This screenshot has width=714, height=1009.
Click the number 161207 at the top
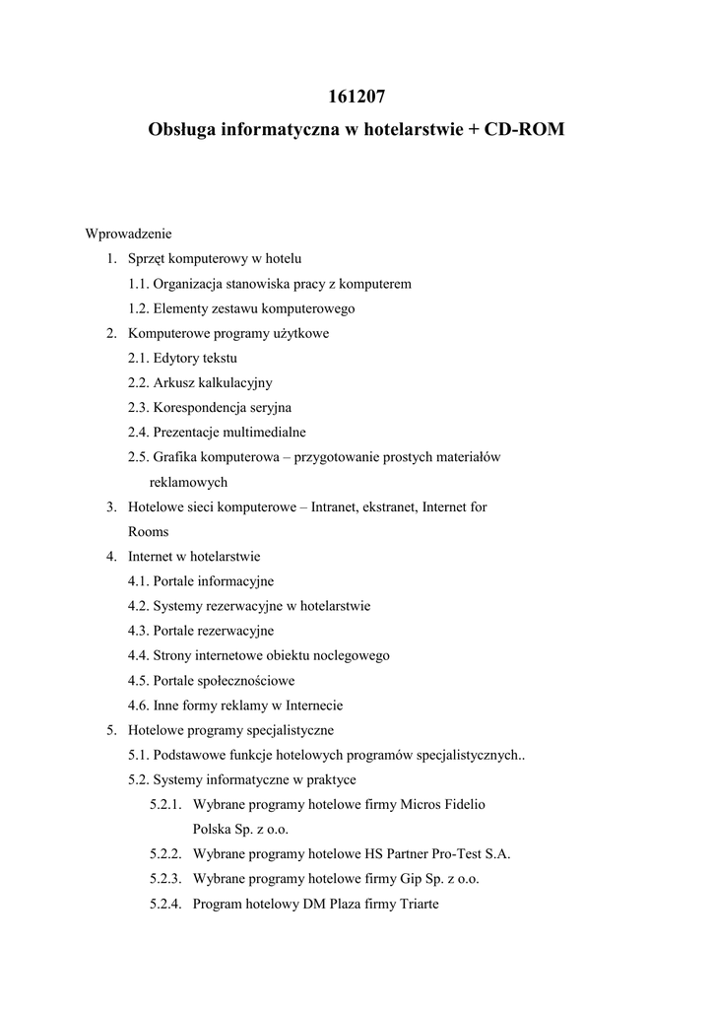[357, 97]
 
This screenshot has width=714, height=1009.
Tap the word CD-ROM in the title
[522, 129]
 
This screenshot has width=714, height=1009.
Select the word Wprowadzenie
[129, 234]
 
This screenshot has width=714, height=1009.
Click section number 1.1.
[138, 284]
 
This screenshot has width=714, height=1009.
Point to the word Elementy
[181, 308]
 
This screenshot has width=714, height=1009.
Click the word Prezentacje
[189, 432]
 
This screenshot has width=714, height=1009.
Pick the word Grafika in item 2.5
[175, 457]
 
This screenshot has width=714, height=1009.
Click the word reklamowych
[188, 482]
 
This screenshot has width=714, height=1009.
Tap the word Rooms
[148, 531]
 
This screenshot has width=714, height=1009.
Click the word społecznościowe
[247, 680]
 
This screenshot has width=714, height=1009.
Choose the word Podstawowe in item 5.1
[190, 756]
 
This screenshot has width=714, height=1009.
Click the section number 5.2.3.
[165, 878]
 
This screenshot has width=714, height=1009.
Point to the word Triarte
[416, 903]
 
